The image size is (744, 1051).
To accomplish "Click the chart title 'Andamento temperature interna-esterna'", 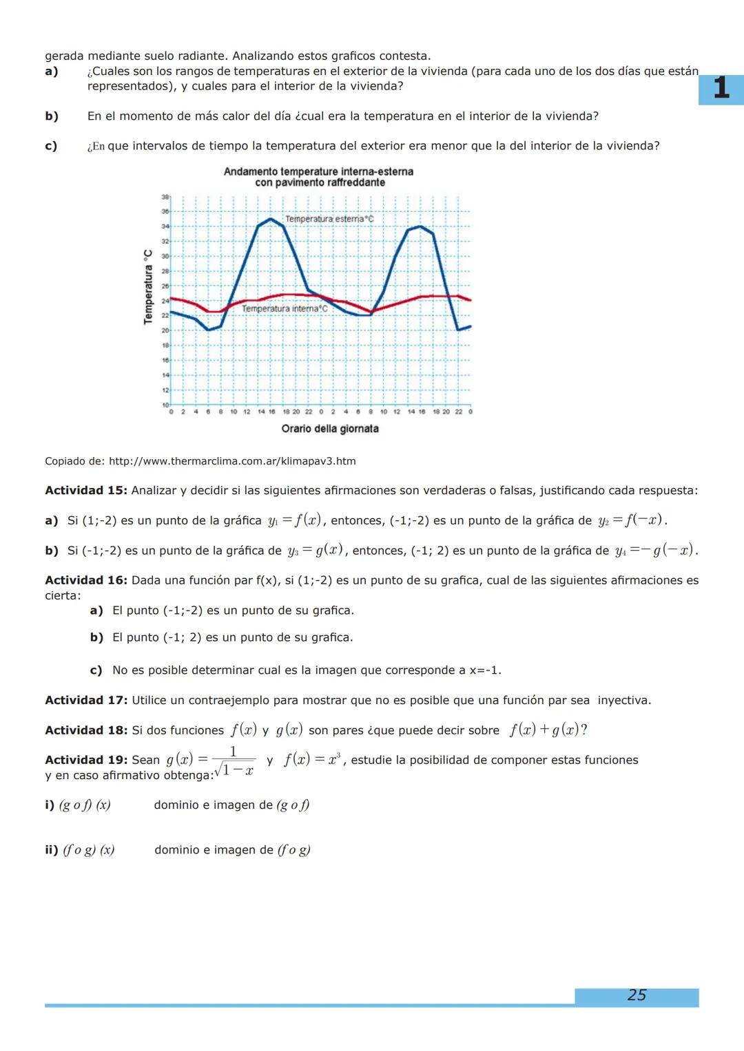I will click(318, 171).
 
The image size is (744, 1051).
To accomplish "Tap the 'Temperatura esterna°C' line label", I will click(329, 219).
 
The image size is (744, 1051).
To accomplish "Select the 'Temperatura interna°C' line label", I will click(285, 309).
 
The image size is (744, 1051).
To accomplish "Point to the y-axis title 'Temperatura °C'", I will click(147, 287).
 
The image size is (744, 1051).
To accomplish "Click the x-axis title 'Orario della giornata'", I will click(330, 429).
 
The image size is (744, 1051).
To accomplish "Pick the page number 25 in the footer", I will click(637, 995).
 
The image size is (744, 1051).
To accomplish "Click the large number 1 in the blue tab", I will click(721, 89).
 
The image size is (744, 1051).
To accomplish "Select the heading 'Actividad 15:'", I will click(86, 491).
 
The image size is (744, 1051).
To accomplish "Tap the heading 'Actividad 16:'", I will click(86, 580).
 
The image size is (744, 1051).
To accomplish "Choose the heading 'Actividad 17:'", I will click(86, 700).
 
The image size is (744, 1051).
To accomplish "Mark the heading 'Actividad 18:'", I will click(86, 730).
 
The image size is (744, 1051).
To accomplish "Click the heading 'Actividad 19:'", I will click(86, 760).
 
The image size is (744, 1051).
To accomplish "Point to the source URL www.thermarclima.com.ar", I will click(232, 461).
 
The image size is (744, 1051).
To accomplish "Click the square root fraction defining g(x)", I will click(233, 761).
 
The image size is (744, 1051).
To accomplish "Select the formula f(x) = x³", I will click(312, 760).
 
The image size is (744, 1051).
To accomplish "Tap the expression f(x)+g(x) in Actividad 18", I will click(548, 730).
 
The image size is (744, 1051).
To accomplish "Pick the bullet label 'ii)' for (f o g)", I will click(52, 850).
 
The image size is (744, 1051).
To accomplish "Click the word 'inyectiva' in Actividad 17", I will click(624, 700).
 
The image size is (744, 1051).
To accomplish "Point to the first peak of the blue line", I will click(271, 219).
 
